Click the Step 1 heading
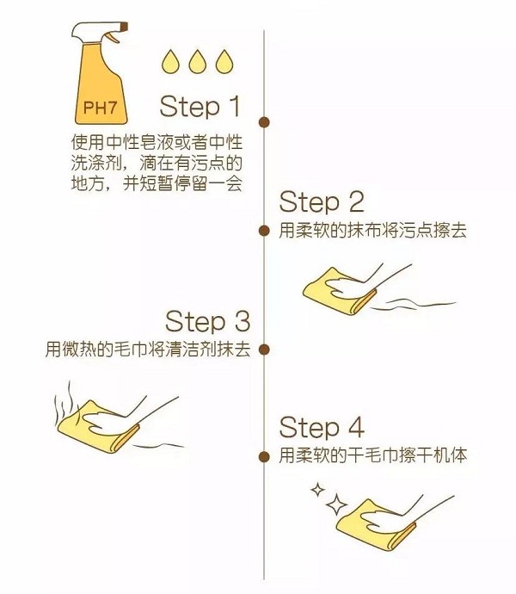click(x=200, y=107)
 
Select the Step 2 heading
click(x=322, y=202)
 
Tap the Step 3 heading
click(x=207, y=322)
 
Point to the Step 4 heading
click(x=322, y=428)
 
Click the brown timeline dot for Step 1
click(x=264, y=122)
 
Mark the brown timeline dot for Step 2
click(x=264, y=231)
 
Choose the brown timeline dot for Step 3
click(x=264, y=350)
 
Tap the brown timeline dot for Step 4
click(x=264, y=455)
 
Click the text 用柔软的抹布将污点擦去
click(x=373, y=231)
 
